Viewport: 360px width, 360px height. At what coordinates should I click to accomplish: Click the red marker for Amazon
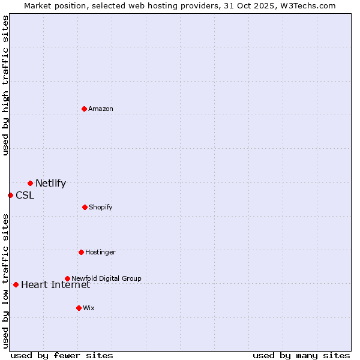click(x=85, y=109)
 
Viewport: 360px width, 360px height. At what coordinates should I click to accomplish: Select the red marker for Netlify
click(x=30, y=183)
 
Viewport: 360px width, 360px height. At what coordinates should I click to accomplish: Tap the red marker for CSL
click(x=10, y=195)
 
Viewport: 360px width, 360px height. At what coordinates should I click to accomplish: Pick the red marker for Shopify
click(x=85, y=207)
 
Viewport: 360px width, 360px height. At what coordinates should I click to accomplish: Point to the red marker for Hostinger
click(x=81, y=252)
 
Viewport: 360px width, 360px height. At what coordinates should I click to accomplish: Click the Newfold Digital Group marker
click(x=67, y=278)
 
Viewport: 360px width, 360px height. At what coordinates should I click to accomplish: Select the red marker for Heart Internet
click(x=16, y=284)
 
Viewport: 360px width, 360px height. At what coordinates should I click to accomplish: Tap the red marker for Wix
click(x=79, y=308)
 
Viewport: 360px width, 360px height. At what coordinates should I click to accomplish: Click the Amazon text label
click(x=101, y=109)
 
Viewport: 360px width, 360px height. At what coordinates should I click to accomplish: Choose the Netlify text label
click(x=50, y=184)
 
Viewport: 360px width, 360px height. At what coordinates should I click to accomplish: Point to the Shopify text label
click(x=101, y=207)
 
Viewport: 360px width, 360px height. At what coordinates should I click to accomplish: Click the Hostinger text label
click(x=100, y=252)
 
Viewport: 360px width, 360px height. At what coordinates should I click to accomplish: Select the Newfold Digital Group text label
click(x=107, y=278)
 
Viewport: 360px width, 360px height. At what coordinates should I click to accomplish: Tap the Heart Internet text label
click(x=55, y=284)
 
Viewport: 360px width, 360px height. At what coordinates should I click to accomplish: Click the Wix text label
click(x=89, y=308)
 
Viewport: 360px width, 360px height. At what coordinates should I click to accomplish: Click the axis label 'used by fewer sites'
click(x=62, y=355)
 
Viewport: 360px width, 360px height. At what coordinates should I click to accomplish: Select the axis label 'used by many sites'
click(x=301, y=355)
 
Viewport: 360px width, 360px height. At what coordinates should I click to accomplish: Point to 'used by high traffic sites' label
click(x=5, y=85)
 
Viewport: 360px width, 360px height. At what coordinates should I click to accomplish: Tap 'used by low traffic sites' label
click(x=5, y=280)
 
